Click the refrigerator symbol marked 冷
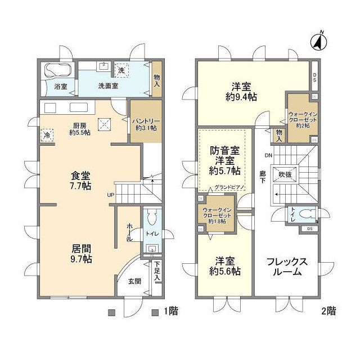[46, 135]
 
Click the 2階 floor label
[328, 310]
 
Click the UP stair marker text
[111, 195]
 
